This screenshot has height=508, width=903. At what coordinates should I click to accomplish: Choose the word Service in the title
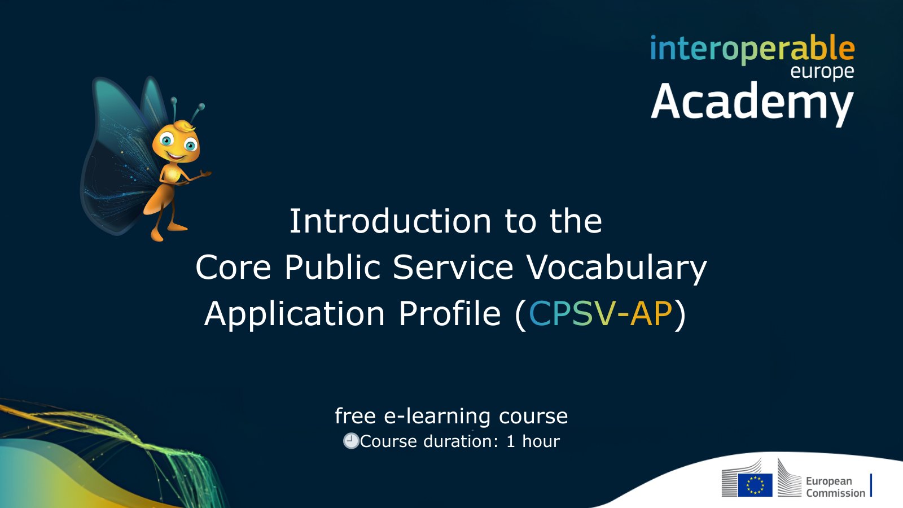[x=453, y=268]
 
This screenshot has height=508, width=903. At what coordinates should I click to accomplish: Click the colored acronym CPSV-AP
[x=600, y=313]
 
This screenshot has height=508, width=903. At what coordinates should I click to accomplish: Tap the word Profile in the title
[x=449, y=313]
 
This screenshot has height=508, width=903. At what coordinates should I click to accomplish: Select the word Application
[x=295, y=314]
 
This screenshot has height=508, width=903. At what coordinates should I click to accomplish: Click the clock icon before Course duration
[x=350, y=441]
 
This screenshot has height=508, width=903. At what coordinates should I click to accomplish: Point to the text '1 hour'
[x=533, y=441]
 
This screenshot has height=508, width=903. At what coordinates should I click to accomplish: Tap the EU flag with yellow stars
[x=755, y=485]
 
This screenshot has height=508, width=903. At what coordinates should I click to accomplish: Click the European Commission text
[x=835, y=487]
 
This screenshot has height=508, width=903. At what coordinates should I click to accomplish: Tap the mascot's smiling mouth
[x=176, y=156]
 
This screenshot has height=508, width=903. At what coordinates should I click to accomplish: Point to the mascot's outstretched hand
[x=204, y=174]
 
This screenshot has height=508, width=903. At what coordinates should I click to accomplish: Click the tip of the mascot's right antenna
[x=201, y=107]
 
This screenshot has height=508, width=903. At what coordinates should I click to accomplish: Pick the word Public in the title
[x=332, y=268]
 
